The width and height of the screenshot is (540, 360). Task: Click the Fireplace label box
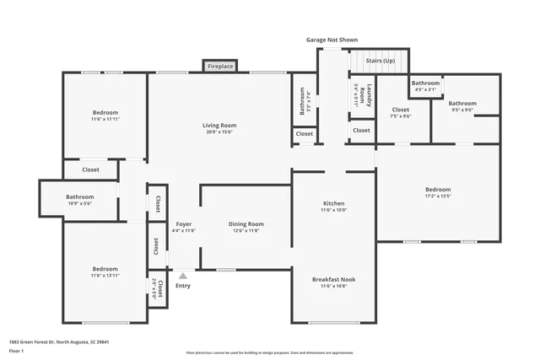point(221,66)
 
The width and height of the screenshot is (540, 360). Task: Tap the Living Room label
point(217,126)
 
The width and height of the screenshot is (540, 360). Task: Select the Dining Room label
point(246,224)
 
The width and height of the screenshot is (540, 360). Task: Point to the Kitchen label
point(334,204)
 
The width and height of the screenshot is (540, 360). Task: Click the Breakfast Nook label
point(333,279)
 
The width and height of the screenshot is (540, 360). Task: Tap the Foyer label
point(183,224)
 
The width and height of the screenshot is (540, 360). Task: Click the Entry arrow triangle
point(183,275)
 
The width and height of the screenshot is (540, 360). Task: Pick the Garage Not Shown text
point(332,39)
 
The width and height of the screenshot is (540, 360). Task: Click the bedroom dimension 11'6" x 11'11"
point(105,120)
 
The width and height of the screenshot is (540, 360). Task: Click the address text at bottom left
point(59,342)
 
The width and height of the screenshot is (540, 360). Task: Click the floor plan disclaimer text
point(270,352)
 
